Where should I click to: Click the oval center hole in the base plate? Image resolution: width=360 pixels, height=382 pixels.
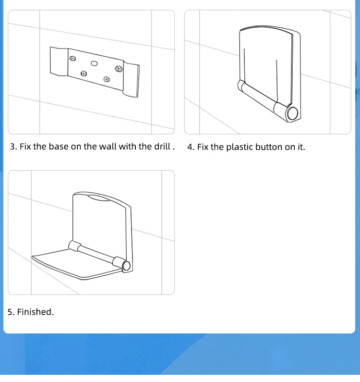coord(94,63)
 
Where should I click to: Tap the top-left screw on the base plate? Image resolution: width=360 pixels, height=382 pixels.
coord(72,59)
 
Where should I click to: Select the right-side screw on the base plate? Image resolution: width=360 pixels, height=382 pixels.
coord(119,69)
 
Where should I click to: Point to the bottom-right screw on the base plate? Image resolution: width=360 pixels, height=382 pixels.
coord(107,79)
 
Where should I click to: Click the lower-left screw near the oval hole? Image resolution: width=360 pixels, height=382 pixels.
coord(84,74)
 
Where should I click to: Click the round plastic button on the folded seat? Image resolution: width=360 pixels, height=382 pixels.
coord(292,113)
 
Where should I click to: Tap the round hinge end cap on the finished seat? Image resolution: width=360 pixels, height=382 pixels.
coord(126,266)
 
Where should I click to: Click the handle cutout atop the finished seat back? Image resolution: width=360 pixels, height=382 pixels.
coord(98,197)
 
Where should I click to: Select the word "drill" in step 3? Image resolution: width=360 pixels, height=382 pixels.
coord(162,147)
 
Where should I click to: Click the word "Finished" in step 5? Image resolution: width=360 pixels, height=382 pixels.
coord(35,312)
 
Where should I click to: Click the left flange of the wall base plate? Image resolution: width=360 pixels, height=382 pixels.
coord(59,61)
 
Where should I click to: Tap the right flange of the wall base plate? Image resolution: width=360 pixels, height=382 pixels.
coord(131,79)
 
